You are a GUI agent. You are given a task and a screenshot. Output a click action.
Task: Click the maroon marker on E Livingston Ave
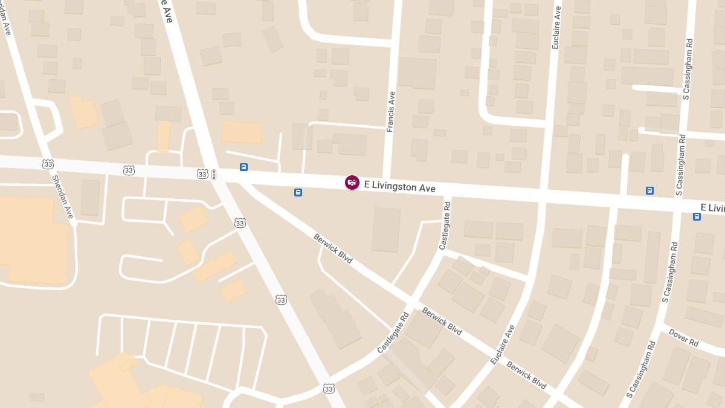tap(352, 182)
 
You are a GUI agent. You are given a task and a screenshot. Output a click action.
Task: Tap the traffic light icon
tap(213, 174)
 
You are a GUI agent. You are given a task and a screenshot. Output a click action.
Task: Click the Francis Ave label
tap(391, 111)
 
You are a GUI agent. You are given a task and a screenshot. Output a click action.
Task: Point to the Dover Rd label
tap(683, 337)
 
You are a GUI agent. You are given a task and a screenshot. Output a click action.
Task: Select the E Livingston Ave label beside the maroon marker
tap(399, 187)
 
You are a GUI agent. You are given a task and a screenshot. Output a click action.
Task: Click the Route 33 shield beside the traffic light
tap(202, 174)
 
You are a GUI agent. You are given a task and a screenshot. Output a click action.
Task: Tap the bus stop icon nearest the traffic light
tap(243, 167)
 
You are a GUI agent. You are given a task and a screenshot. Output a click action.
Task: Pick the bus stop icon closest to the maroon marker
tap(298, 192)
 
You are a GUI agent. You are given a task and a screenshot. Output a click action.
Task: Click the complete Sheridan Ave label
tap(62, 196)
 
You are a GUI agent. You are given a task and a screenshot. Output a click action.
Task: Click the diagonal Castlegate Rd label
tap(393, 332)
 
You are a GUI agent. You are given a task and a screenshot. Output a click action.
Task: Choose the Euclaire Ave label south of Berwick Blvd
tap(503, 345)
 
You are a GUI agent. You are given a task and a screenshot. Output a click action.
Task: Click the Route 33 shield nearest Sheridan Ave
tap(48, 164)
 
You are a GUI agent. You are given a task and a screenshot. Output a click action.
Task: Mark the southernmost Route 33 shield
tap(328, 388)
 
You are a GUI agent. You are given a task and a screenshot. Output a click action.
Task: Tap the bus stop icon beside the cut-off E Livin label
tap(697, 216)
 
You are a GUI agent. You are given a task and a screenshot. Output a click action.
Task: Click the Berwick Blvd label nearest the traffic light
tap(333, 248)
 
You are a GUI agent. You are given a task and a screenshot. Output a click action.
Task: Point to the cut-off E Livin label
tap(712, 208)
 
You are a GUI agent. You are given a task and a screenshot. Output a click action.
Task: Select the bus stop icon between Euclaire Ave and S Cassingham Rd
tap(649, 190)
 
